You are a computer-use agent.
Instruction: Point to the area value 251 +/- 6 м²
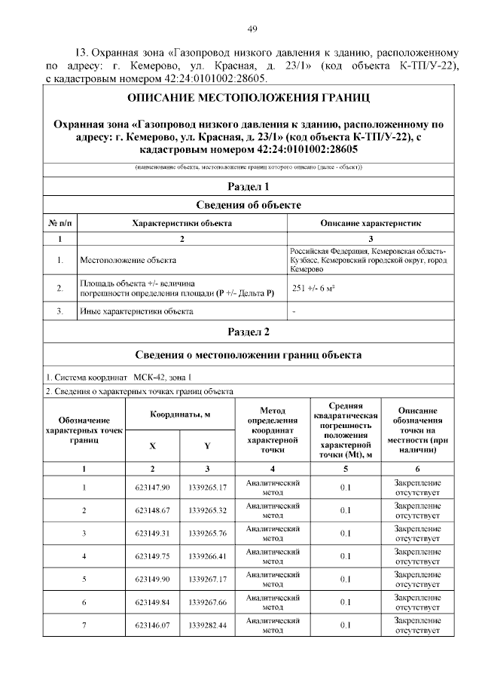tap(314, 288)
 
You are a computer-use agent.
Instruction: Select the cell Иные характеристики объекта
tap(136, 310)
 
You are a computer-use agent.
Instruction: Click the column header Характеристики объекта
tap(182, 223)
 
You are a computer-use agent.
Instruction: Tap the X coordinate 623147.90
tap(152, 488)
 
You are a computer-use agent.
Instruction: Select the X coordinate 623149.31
tap(152, 534)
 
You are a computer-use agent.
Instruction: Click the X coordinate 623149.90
tap(152, 579)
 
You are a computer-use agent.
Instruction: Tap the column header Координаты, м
tap(180, 415)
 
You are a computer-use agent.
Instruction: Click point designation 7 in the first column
tap(84, 625)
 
